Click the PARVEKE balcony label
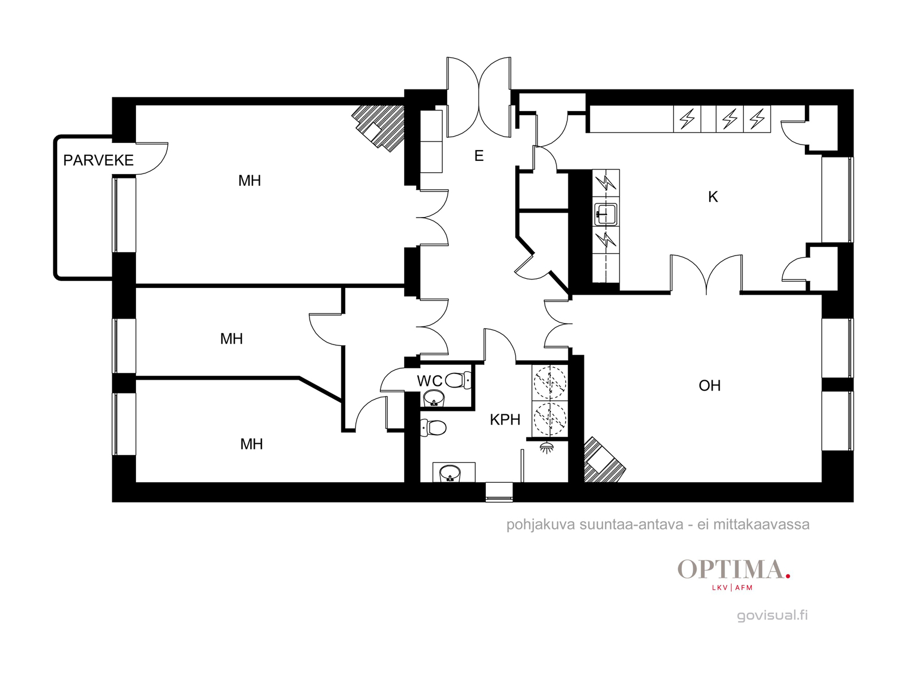coord(98,160)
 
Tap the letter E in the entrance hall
coord(479,156)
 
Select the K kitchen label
coord(713,197)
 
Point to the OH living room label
coord(710,386)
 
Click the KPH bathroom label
coord(505,420)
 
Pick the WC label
coord(430,381)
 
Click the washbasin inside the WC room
coord(434,398)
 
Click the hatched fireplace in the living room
coord(604,460)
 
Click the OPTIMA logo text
coord(731,569)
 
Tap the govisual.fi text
coord(772,615)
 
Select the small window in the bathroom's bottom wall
coord(499,492)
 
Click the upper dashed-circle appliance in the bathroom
coord(550,382)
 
